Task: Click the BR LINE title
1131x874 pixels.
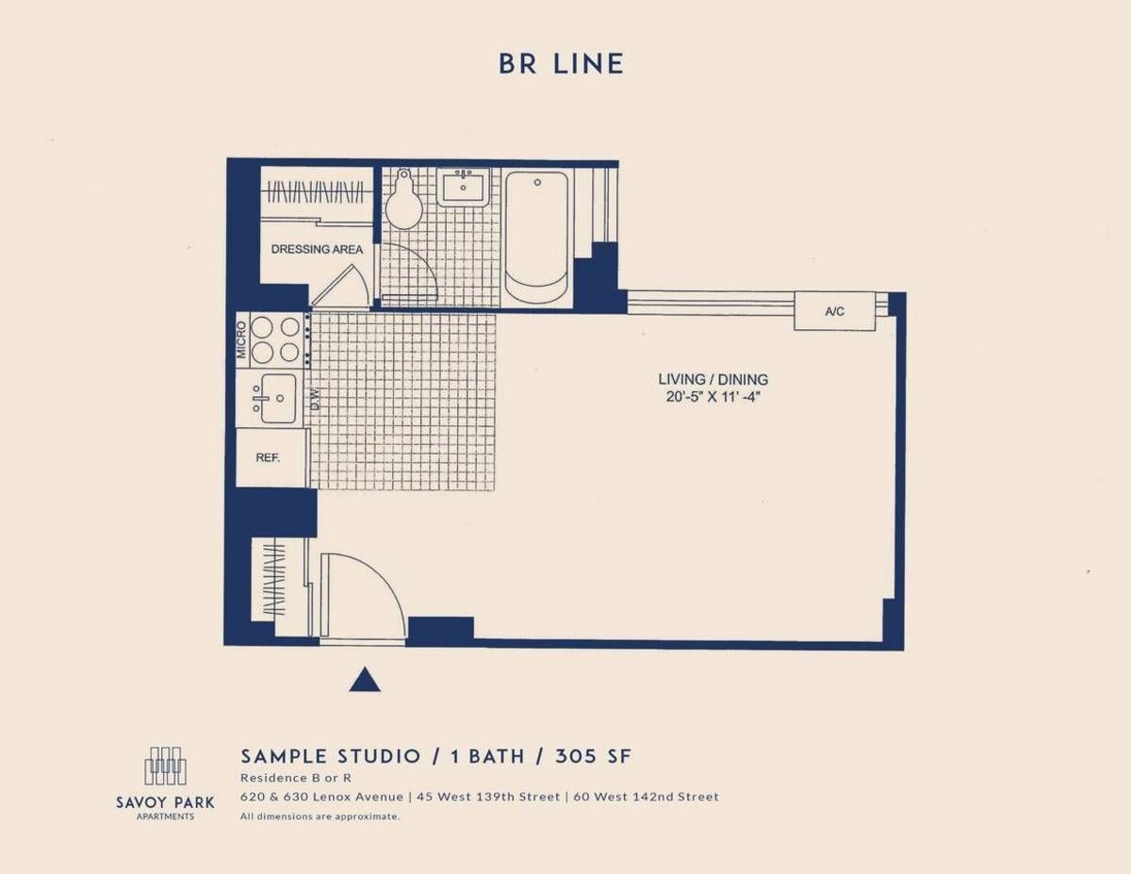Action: [x=561, y=64]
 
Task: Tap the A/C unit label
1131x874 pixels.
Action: [x=834, y=311]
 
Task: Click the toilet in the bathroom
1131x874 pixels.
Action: [x=404, y=198]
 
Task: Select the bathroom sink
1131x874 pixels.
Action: [x=463, y=188]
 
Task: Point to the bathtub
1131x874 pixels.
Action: [x=536, y=238]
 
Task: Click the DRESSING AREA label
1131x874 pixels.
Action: [x=317, y=249]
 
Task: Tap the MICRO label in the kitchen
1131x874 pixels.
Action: [x=241, y=340]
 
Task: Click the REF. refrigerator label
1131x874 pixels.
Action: [x=268, y=458]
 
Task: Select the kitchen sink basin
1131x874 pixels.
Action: [x=277, y=398]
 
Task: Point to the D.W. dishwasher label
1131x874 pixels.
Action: [x=315, y=399]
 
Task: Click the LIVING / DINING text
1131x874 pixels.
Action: [x=713, y=379]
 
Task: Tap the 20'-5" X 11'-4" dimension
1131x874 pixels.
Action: [x=713, y=397]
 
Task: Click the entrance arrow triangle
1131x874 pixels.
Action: [x=365, y=680]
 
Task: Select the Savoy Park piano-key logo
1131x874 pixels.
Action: [x=166, y=766]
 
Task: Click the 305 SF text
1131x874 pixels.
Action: [x=594, y=756]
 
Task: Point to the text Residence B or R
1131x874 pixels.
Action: [x=296, y=778]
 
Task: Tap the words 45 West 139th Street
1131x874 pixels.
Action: [x=488, y=797]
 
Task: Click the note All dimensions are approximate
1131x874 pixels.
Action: [x=320, y=816]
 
